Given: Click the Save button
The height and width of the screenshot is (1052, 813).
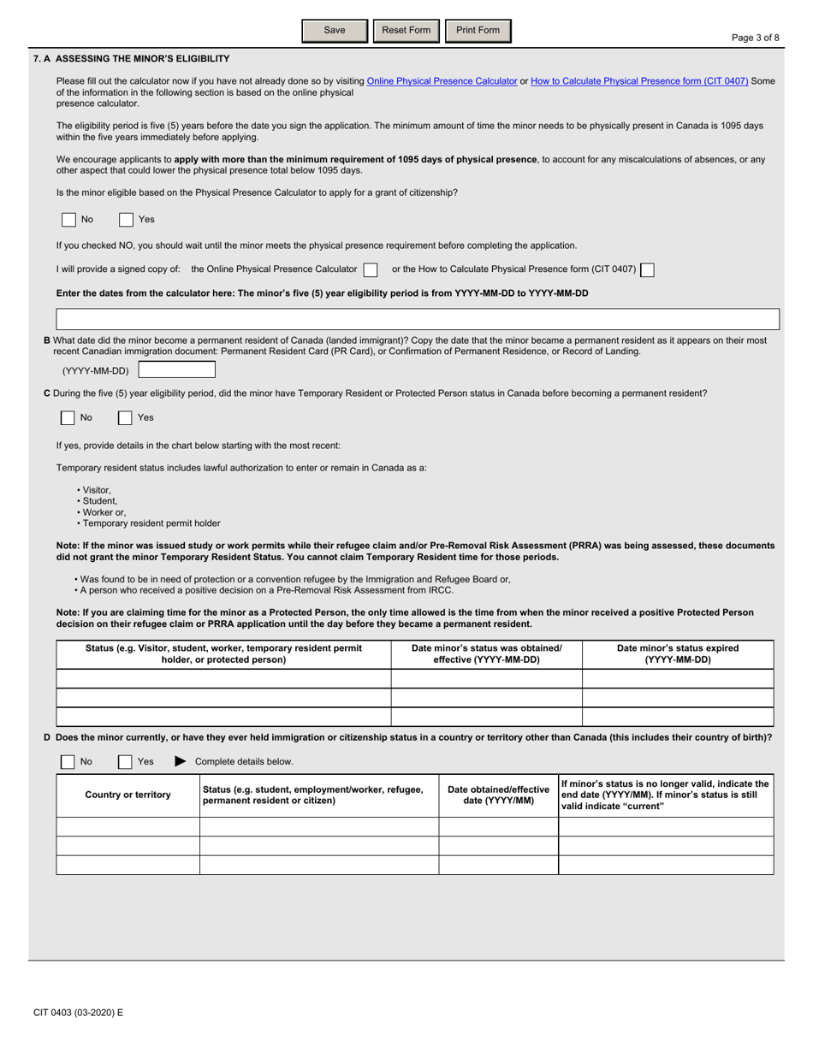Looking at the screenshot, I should (x=335, y=31).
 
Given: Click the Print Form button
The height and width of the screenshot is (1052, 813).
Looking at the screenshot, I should (x=478, y=31).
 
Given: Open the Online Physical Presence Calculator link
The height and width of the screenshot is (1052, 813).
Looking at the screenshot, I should (x=442, y=81).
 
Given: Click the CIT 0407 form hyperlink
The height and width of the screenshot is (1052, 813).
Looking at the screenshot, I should (x=639, y=81).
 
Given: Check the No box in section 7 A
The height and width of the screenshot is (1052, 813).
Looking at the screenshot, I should (x=68, y=220).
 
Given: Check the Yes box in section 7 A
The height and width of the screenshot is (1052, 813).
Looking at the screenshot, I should (x=126, y=220).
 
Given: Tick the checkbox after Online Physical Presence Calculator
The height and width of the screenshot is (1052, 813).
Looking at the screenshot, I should (x=371, y=269).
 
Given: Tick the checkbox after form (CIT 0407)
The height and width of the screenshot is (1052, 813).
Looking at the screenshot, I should (x=648, y=269).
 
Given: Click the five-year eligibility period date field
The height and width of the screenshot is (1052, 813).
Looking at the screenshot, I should (x=418, y=320).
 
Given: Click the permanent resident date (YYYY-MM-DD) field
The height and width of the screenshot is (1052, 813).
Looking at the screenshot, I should (x=177, y=370).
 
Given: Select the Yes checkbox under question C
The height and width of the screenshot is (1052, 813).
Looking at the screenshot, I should (x=126, y=418).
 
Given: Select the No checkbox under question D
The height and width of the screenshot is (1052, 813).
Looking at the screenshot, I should (x=68, y=762).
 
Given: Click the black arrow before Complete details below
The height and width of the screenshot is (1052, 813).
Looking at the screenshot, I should (x=180, y=761).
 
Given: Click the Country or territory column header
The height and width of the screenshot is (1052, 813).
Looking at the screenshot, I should (x=128, y=795).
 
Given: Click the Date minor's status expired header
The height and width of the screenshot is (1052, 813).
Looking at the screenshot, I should (x=678, y=654).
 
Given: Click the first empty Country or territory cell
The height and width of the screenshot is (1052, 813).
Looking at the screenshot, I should (x=128, y=826).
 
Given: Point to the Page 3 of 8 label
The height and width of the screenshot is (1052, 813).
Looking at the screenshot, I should (x=756, y=38).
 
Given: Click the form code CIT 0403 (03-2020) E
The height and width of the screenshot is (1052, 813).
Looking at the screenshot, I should (x=79, y=1013).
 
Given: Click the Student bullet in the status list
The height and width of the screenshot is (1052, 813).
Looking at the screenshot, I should (x=99, y=501).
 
